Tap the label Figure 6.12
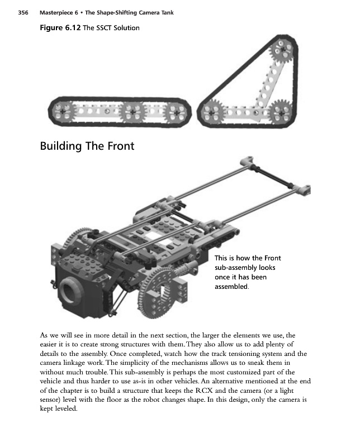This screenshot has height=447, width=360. click(x=60, y=27)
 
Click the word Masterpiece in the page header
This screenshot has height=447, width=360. click(x=56, y=12)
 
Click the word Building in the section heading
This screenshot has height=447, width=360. click(x=63, y=146)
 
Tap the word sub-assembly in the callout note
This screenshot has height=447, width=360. click(x=241, y=268)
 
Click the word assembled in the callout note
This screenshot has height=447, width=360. click(x=231, y=287)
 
